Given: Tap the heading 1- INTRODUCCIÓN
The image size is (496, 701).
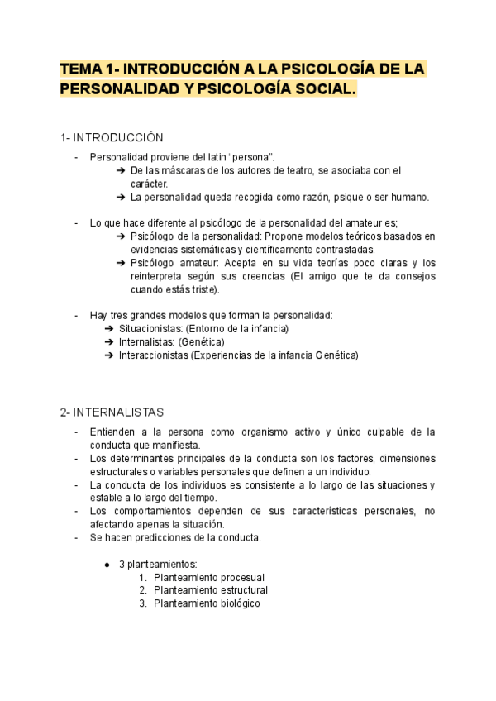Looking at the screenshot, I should (112, 136).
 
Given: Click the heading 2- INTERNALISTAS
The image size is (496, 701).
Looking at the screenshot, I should (112, 412).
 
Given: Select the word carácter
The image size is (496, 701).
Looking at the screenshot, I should (149, 184).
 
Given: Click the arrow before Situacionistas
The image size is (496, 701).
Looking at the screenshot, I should (110, 329).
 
